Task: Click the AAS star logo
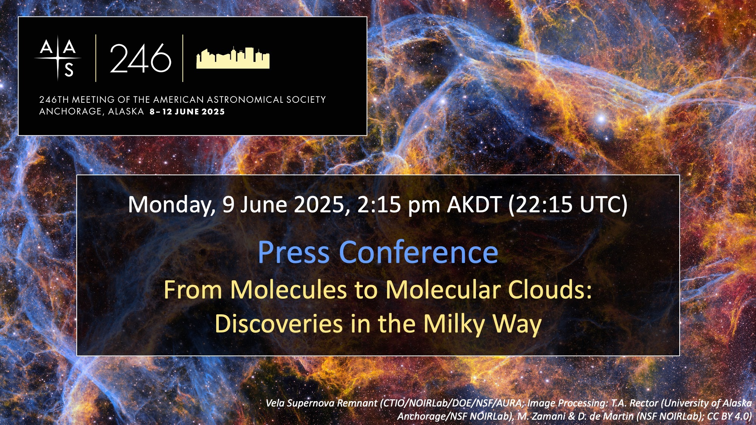[x=58, y=58]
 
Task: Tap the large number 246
[x=141, y=58]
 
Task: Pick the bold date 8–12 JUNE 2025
[x=187, y=112]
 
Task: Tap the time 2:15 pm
[x=398, y=205]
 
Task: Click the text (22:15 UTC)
[x=568, y=205]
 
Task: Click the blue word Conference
[x=418, y=252]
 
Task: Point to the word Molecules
[x=288, y=290]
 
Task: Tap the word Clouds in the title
[x=550, y=290]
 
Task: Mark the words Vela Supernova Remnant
[x=321, y=403]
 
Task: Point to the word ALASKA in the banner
[x=126, y=111]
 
